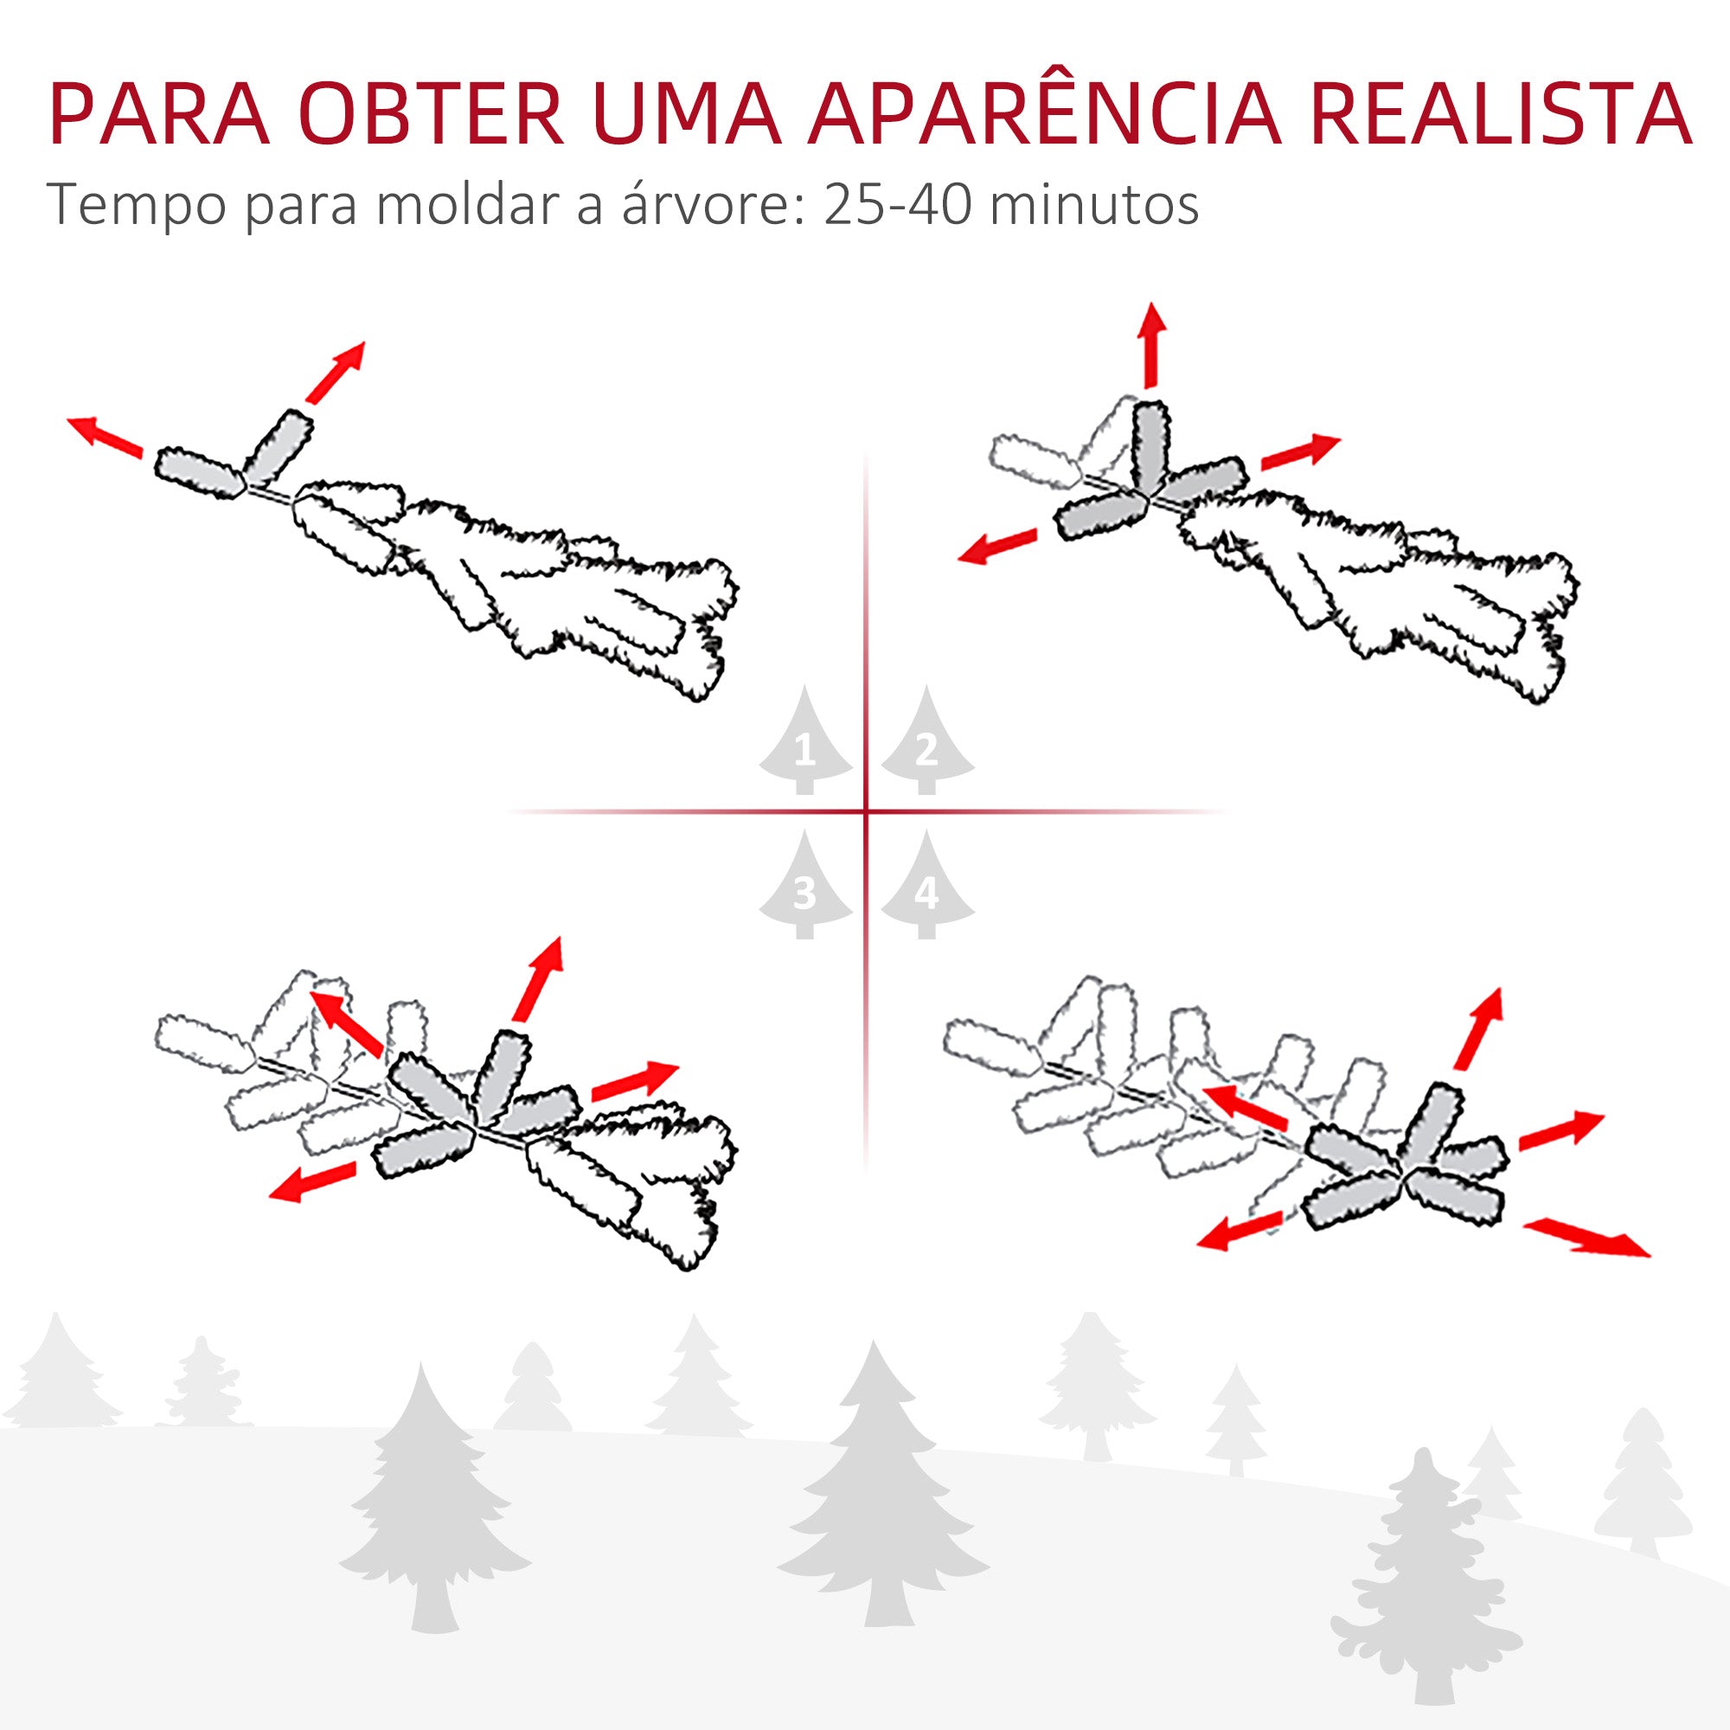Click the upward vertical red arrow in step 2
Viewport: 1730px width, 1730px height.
click(x=1151, y=345)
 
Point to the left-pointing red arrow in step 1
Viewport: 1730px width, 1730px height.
click(x=105, y=436)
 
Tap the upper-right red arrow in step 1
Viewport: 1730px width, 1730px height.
click(x=335, y=373)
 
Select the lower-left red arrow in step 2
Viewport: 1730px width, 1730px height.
click(x=996, y=546)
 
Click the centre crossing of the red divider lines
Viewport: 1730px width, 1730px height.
click(x=866, y=812)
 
